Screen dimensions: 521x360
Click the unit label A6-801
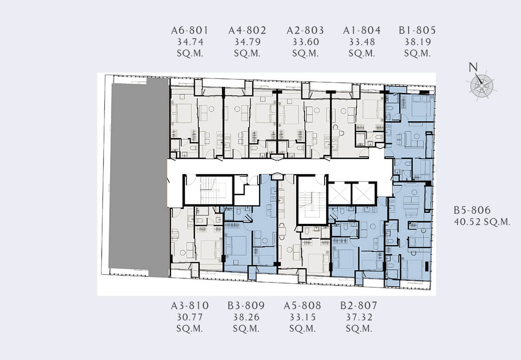coord(190,31)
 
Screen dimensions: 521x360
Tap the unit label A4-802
coord(247,31)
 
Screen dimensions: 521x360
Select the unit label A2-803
coord(305,31)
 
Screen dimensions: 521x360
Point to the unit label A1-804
coord(362,31)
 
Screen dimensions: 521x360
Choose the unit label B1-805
coord(417,31)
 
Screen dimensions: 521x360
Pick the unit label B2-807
coord(359,306)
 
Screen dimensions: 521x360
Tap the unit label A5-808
coord(302,306)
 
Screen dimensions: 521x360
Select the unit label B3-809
coord(246,306)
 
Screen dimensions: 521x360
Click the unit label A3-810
coord(190,306)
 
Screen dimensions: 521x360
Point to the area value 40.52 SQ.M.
coord(482,222)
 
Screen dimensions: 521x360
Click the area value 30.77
coord(190,317)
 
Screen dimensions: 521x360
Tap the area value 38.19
coord(417,42)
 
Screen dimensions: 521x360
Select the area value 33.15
coord(302,317)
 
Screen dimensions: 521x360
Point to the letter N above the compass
coord(473,67)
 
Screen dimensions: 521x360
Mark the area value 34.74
coord(190,42)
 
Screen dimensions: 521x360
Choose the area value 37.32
coord(359,317)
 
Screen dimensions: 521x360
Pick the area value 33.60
coord(306,42)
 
